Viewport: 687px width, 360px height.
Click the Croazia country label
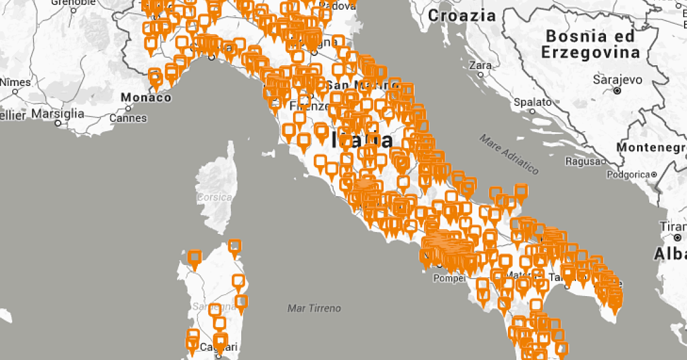(x=462, y=16)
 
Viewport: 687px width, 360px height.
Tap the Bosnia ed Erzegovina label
(x=590, y=44)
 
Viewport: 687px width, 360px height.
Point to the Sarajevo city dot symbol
(x=617, y=90)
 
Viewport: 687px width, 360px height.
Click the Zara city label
(x=481, y=65)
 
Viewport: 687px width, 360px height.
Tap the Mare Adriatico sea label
(x=509, y=154)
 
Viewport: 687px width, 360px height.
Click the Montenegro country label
(x=651, y=147)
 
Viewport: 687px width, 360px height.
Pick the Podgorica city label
(x=628, y=175)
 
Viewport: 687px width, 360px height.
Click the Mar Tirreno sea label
(x=314, y=308)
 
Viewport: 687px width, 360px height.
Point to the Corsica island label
(x=214, y=197)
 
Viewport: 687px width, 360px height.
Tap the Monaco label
(x=146, y=97)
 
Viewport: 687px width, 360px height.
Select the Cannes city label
(x=129, y=118)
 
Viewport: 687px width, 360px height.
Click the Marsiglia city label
(x=58, y=113)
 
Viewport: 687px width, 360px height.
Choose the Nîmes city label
(x=15, y=82)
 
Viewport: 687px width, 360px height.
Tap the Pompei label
(x=449, y=278)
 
